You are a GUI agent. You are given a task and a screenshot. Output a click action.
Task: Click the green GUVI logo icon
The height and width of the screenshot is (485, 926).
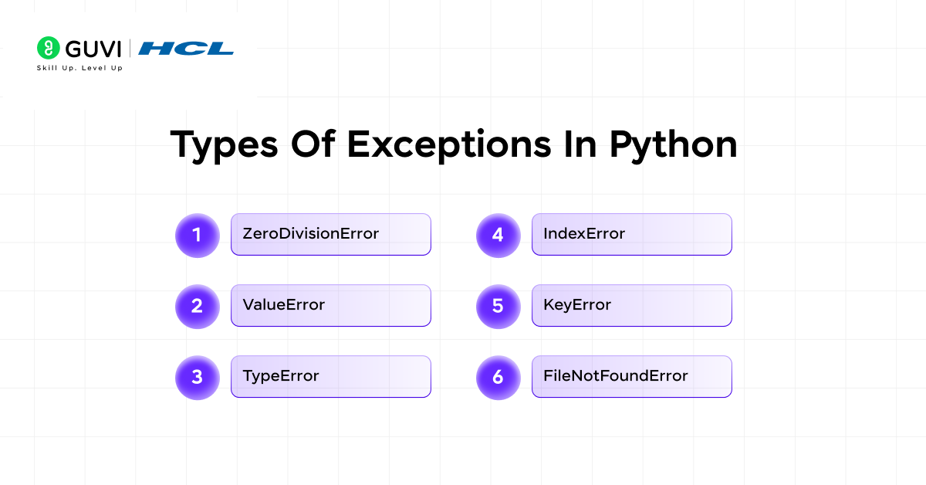coord(49,48)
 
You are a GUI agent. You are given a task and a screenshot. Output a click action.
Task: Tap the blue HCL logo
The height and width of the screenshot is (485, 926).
coord(186,49)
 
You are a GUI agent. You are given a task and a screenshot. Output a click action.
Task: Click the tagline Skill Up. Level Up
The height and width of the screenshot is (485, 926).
coord(79,68)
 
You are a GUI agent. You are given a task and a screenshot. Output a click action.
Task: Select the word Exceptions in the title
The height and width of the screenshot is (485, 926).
coord(449,146)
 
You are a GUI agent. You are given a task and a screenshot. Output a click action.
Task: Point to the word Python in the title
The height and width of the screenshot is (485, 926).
coord(674,146)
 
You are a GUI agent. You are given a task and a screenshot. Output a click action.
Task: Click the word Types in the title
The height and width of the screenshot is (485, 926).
coord(224,146)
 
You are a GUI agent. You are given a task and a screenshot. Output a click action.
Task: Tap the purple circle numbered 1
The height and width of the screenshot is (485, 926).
coord(198,235)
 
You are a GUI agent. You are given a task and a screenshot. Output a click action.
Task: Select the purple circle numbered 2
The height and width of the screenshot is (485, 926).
coord(198,307)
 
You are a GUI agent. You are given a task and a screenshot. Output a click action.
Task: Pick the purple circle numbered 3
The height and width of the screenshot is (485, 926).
coord(198,378)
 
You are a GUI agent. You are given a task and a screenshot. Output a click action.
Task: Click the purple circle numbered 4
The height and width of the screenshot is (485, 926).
coord(498,235)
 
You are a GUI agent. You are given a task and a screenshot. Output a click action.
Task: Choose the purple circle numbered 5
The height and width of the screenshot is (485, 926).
coord(498,307)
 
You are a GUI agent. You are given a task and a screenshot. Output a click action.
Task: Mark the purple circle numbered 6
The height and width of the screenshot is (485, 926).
coord(498,378)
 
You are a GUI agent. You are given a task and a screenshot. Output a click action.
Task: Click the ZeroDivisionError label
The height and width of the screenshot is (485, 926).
coord(310,234)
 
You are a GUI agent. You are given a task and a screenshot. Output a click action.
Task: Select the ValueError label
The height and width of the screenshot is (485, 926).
coord(284,305)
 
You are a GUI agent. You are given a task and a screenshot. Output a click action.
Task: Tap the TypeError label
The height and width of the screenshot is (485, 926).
coord(281,376)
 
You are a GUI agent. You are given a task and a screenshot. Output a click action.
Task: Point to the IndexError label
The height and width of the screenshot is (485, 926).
coord(583,234)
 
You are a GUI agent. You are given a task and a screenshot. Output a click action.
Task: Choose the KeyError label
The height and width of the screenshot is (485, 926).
coord(577,305)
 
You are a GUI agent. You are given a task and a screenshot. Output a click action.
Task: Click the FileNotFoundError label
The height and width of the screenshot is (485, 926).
coord(616,376)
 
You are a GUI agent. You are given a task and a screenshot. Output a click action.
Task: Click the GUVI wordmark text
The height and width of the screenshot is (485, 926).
coord(93,49)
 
